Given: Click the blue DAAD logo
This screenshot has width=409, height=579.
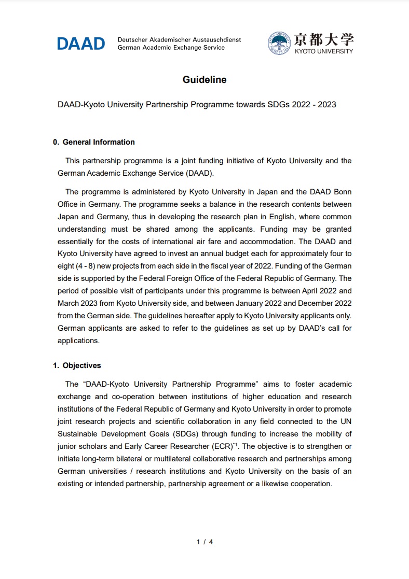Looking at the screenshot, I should click(81, 44).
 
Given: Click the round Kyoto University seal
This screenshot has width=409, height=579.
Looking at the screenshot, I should click(279, 44).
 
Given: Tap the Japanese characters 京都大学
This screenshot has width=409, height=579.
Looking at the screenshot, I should click(324, 39).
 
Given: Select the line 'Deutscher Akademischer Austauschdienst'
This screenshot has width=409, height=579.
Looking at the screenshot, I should click(179, 40).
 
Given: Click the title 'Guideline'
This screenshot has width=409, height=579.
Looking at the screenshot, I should click(204, 80).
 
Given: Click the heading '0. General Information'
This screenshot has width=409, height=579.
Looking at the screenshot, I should click(94, 142).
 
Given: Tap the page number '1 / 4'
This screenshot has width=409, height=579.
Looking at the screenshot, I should click(204, 542).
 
